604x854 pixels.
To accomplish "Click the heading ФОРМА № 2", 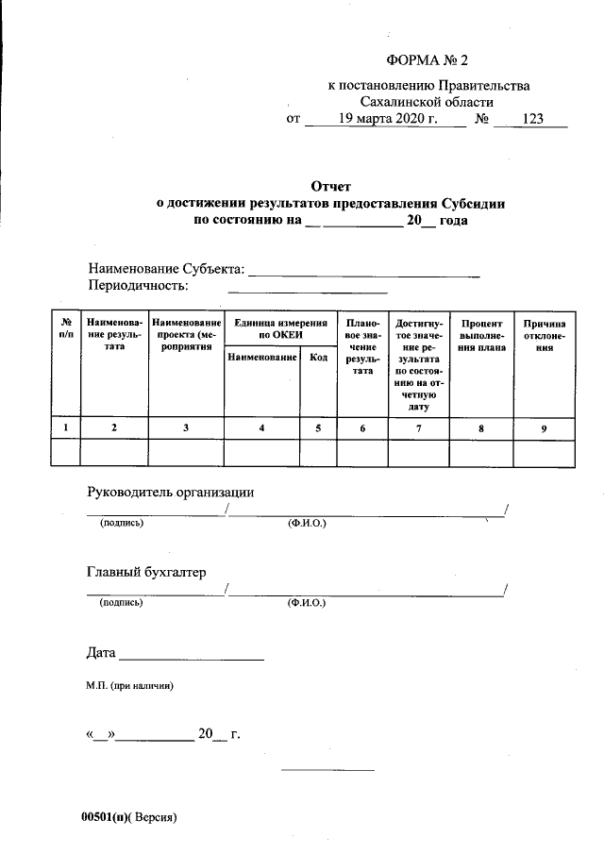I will tap(428, 61).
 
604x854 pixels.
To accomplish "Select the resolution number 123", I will tap(530, 120).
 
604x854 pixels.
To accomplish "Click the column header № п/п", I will tap(65, 328).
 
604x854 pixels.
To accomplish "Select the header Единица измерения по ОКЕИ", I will tap(279, 328).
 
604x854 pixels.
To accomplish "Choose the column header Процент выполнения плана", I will tap(482, 335).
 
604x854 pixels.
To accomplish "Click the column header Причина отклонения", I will tap(544, 335).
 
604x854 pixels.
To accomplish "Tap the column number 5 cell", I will tap(318, 428).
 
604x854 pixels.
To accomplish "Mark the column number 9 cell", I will tap(544, 428).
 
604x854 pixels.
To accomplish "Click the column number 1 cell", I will tap(65, 428).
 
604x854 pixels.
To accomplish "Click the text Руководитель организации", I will tap(171, 492).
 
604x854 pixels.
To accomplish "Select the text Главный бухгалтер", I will tap(146, 572).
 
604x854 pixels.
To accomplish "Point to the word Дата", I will tap(101, 652).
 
